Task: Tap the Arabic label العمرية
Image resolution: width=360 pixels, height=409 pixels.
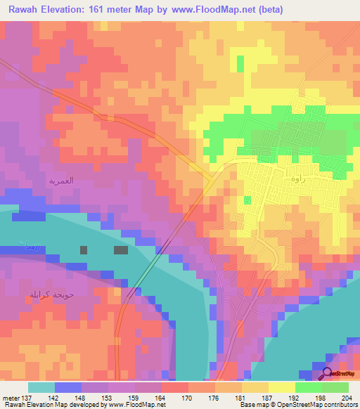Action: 61,181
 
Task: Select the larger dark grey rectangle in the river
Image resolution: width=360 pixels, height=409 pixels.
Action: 121,249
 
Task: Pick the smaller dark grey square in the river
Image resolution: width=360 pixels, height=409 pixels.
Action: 84,249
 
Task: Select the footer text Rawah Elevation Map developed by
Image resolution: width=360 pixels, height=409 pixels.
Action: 53,405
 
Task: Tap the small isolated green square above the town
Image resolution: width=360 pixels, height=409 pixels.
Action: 240,63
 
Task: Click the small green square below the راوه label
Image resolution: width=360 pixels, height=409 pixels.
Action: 247,200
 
